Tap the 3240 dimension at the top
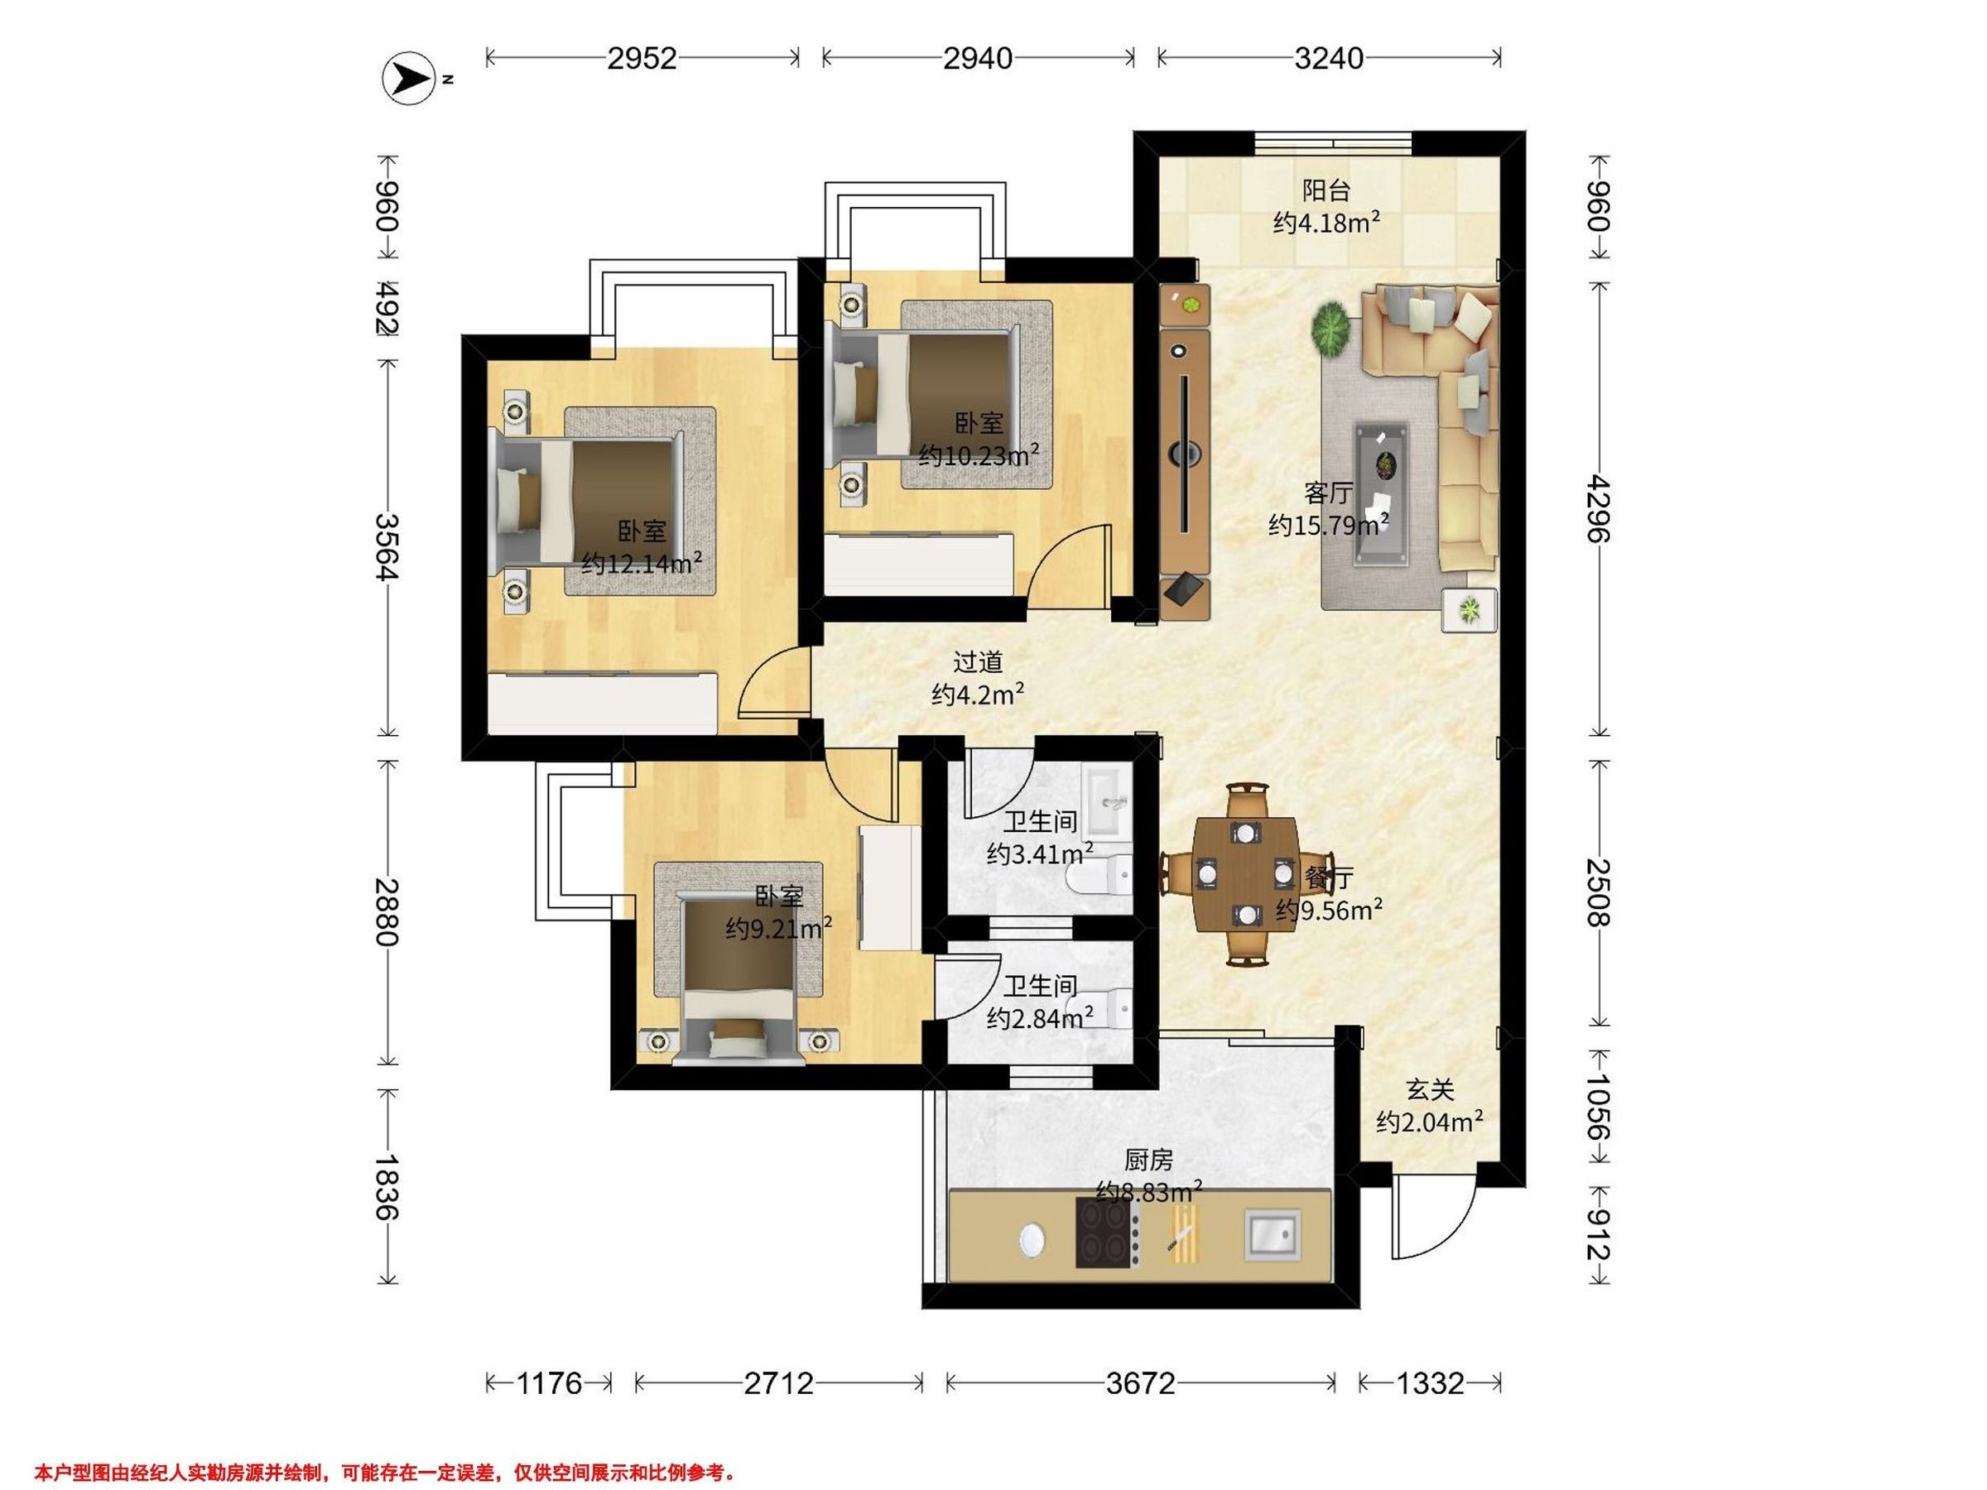pyautogui.click(x=1329, y=59)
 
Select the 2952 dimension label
pyautogui.click(x=642, y=59)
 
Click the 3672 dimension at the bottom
pyautogui.click(x=1140, y=1383)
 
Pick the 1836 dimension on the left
pyautogui.click(x=387, y=1186)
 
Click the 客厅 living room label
pyautogui.click(x=1329, y=493)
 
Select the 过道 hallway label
pyautogui.click(x=977, y=662)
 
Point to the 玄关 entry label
pyautogui.click(x=1429, y=1089)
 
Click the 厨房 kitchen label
pyautogui.click(x=1148, y=1161)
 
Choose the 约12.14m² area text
pyautogui.click(x=642, y=563)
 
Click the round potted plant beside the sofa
pyautogui.click(x=1331, y=329)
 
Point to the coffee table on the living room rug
pyautogui.click(x=1382, y=494)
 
